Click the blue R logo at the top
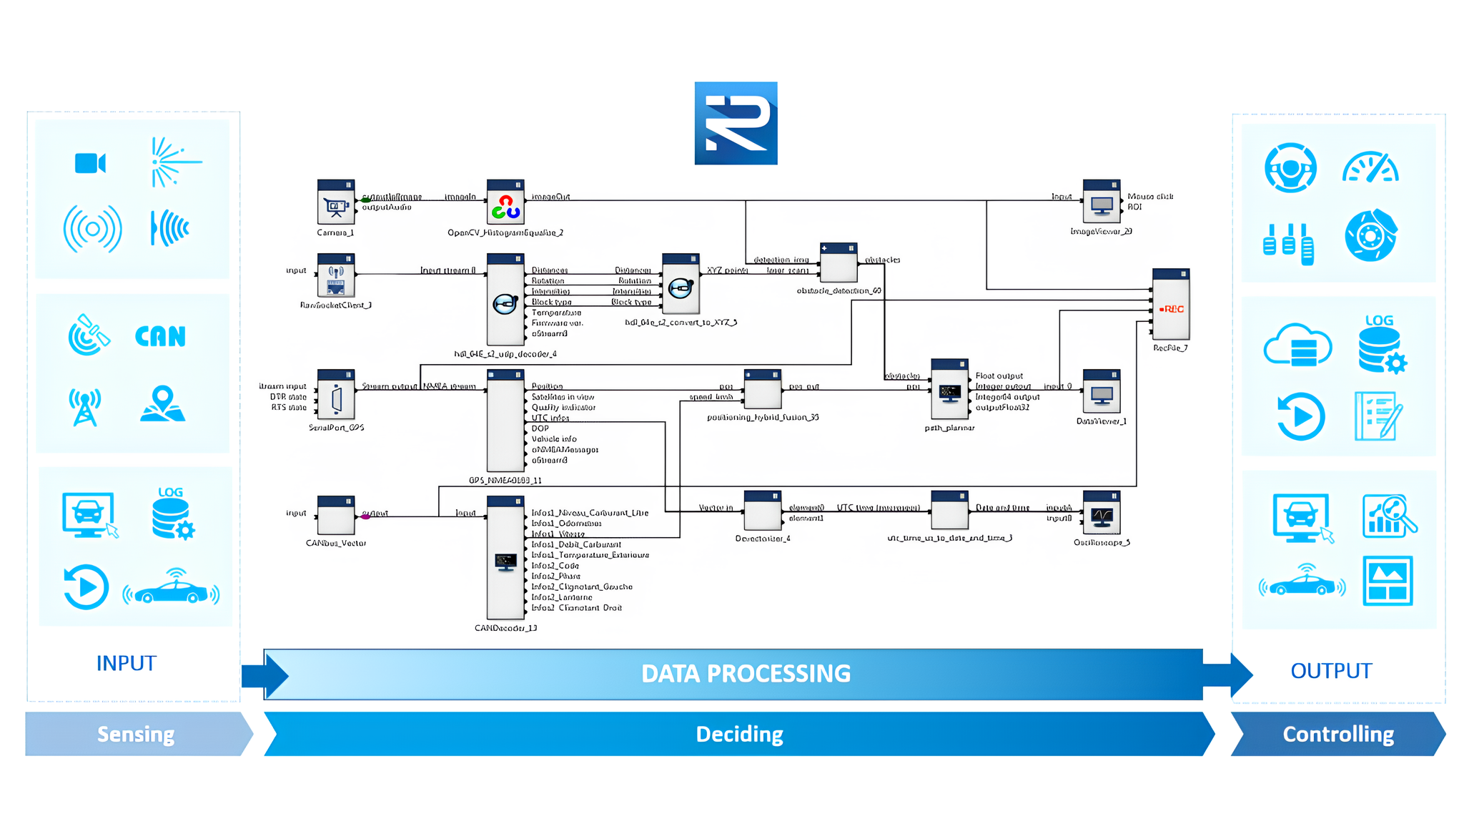click(x=736, y=123)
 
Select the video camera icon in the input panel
click(x=90, y=163)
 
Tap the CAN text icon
click(x=160, y=336)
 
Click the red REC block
click(x=1171, y=308)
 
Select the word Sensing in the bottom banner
click(x=136, y=734)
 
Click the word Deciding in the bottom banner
click(x=739, y=734)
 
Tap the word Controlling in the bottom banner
click(x=1338, y=734)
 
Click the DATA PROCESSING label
click(x=746, y=673)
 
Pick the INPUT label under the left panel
click(x=126, y=663)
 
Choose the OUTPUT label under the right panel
click(x=1331, y=671)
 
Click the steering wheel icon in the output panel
click(x=1290, y=168)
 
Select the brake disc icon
click(x=1370, y=235)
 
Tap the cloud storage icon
click(x=1297, y=346)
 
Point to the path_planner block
click(x=949, y=393)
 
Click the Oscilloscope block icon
click(x=1102, y=515)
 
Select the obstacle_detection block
click(x=839, y=266)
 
